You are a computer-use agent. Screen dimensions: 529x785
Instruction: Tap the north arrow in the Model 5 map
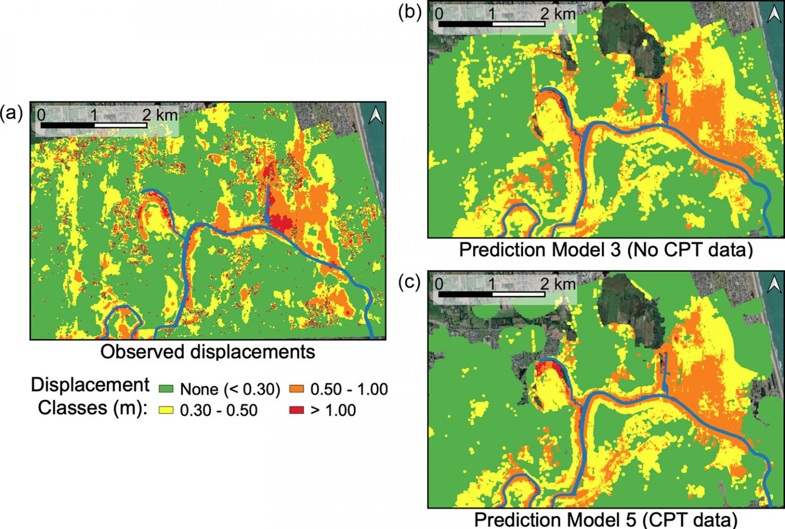(x=772, y=284)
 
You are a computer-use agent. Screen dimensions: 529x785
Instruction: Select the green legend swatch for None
(x=166, y=389)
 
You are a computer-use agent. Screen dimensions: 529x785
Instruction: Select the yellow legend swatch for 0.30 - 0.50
(x=166, y=410)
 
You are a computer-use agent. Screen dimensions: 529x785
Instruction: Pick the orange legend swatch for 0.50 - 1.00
(x=297, y=389)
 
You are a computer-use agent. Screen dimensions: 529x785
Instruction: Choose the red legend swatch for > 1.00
(x=297, y=410)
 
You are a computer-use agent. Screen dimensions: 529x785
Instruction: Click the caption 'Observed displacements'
(x=208, y=352)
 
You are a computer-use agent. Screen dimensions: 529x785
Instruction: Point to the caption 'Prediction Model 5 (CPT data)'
(x=606, y=519)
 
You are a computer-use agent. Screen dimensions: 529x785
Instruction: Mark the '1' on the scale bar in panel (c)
(x=492, y=284)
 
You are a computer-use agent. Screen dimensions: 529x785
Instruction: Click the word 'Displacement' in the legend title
(x=90, y=385)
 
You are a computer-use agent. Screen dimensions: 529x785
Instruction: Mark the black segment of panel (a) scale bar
(x=68, y=125)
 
